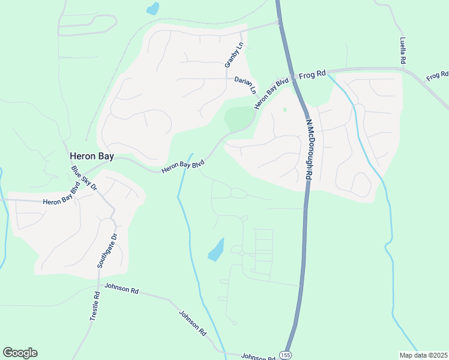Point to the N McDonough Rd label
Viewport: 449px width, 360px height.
309,149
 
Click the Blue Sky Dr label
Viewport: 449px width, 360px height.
84,178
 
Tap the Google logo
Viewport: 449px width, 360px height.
20,353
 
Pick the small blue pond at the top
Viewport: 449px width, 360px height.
153,8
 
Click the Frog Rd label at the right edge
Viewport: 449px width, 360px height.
437,76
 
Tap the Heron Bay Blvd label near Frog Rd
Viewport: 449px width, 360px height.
271,93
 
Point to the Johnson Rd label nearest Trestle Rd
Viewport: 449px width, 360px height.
121,289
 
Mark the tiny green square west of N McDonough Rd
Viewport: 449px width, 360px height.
285,109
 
